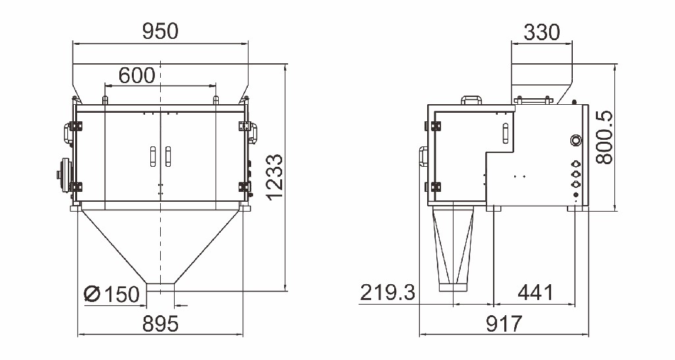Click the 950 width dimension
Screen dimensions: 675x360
click(x=160, y=32)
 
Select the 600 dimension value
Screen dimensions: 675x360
click(x=136, y=76)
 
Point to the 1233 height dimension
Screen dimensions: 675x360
click(x=275, y=177)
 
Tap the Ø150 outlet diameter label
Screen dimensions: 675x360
click(x=112, y=295)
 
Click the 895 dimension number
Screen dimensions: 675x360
click(x=160, y=324)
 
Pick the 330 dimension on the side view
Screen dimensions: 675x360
click(x=542, y=32)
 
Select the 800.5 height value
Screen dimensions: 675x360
click(x=604, y=137)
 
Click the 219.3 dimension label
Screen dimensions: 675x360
click(x=388, y=292)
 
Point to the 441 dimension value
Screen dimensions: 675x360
click(x=535, y=293)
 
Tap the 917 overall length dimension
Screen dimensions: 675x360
click(x=504, y=323)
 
